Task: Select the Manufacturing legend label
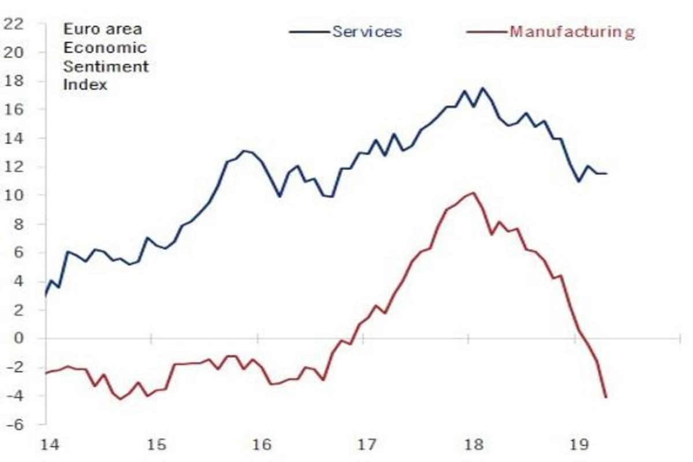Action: click(x=571, y=31)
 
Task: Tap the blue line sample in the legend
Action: click(x=310, y=31)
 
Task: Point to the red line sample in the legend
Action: click(x=487, y=31)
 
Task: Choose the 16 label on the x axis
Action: click(x=262, y=445)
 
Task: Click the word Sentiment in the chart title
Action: click(x=106, y=66)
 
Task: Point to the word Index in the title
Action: click(x=85, y=85)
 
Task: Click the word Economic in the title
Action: click(x=105, y=47)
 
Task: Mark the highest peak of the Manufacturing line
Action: click(x=473, y=193)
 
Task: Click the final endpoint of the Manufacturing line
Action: click(x=606, y=397)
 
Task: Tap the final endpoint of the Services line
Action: click(x=606, y=173)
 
